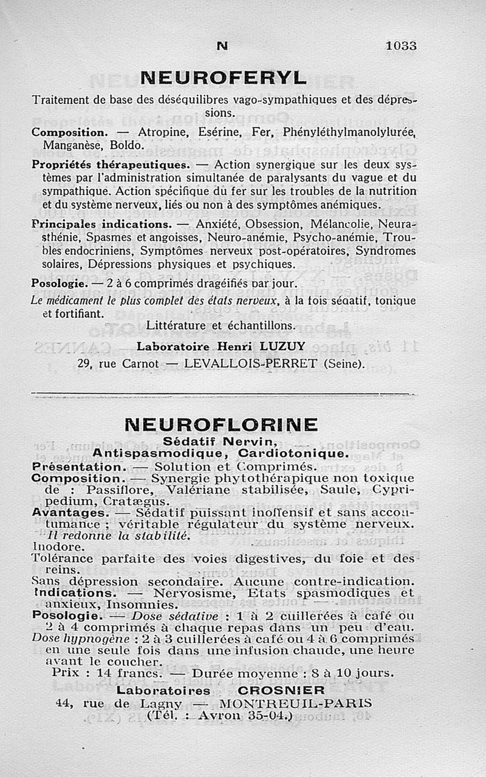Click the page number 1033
pyautogui.click(x=401, y=46)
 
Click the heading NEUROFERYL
pyautogui.click(x=224, y=78)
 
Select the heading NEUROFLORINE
pyautogui.click(x=221, y=424)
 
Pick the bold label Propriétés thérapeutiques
pyautogui.click(x=111, y=165)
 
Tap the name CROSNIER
pyautogui.click(x=281, y=690)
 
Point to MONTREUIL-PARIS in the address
pyautogui.click(x=295, y=704)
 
